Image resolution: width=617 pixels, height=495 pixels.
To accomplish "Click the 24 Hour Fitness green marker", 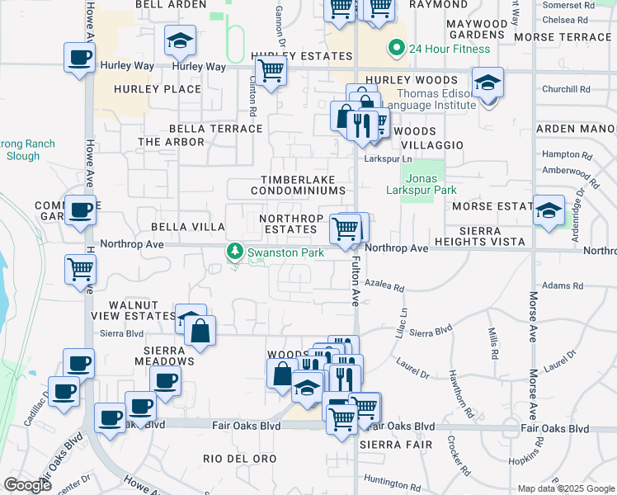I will point(397,49).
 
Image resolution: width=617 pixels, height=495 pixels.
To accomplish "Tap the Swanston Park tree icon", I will point(236,252).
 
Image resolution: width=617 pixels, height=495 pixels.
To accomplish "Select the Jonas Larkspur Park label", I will point(421,183).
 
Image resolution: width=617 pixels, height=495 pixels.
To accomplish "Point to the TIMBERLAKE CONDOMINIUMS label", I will point(302,185).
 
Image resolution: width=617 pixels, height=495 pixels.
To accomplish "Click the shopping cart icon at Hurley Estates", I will point(270,72).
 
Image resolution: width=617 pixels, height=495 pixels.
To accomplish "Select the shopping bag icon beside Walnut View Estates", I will point(200,332).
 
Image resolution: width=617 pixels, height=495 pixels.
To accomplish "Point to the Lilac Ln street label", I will point(404,318).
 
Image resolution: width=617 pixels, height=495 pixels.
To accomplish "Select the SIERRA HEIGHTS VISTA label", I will point(483,234).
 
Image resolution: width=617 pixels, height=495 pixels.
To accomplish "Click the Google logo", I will point(26,485).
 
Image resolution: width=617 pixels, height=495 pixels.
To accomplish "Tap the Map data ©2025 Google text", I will point(566,488).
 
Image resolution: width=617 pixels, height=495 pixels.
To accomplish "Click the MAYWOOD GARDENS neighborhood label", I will point(477,30).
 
